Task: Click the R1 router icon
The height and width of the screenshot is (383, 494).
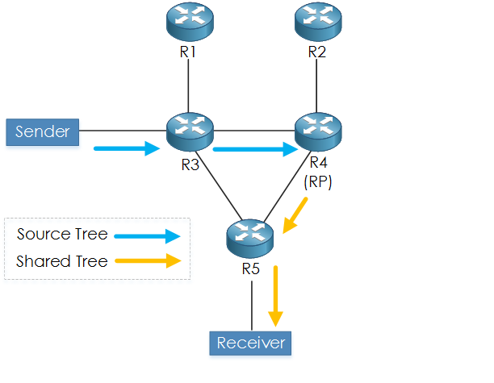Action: (x=188, y=22)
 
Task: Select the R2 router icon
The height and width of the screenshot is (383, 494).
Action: (x=316, y=22)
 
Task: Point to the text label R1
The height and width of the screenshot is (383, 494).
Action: (x=188, y=53)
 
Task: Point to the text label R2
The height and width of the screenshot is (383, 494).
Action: (x=317, y=53)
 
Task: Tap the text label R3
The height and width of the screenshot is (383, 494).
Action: (x=190, y=166)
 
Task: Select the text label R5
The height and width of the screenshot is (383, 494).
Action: (x=250, y=269)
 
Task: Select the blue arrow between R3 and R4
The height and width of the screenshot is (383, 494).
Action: (x=253, y=148)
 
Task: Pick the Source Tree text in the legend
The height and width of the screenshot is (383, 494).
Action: (x=61, y=235)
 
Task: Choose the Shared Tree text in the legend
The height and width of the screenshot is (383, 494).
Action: (x=61, y=261)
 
